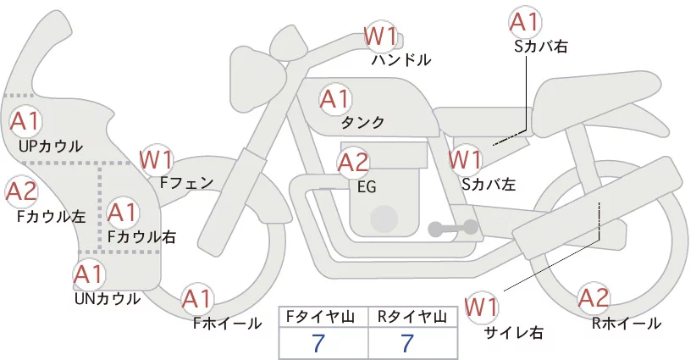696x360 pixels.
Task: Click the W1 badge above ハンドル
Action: point(380,36)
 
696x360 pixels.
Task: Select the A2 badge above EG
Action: point(353,163)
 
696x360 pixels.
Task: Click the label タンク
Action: point(362,123)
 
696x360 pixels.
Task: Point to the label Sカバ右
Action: point(541,47)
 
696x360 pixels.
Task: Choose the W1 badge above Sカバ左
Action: point(465,159)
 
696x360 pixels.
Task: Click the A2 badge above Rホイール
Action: point(594,298)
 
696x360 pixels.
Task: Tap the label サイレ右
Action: point(514,333)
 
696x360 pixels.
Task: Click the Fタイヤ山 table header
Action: point(323,317)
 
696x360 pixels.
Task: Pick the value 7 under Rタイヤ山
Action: point(407,343)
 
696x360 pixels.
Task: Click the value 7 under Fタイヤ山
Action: point(318,343)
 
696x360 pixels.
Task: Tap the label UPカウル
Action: point(51,146)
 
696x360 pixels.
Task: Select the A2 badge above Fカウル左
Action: point(21,191)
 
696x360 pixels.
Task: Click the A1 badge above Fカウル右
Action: point(123,213)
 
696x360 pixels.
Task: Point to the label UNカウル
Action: point(108,299)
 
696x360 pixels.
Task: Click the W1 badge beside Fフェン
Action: point(157,160)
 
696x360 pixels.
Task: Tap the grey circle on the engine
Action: point(384,219)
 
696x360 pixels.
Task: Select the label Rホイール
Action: point(627,324)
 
